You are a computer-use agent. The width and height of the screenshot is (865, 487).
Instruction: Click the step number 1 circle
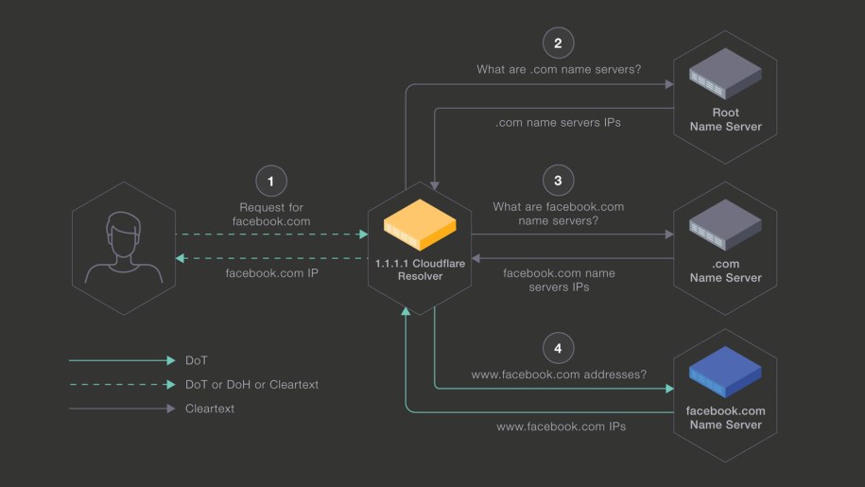[x=271, y=180]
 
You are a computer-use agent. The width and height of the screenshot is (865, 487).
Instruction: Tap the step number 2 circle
[x=558, y=43]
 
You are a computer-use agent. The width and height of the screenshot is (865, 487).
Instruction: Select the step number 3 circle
[x=558, y=180]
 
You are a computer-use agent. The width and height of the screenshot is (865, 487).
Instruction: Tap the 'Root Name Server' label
[x=725, y=119]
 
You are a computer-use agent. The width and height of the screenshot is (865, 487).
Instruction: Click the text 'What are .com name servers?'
[x=558, y=69]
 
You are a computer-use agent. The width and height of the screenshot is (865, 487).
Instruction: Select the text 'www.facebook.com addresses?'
[x=559, y=374]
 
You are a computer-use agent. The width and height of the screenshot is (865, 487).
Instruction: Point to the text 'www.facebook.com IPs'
[x=561, y=426]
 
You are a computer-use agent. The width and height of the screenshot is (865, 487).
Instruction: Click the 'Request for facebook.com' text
[x=271, y=214]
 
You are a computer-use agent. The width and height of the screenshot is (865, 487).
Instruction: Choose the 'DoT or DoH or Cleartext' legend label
[x=252, y=385]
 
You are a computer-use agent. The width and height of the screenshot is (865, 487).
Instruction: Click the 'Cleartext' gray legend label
[x=210, y=409]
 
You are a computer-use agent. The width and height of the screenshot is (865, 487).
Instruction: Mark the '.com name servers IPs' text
[x=559, y=123]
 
